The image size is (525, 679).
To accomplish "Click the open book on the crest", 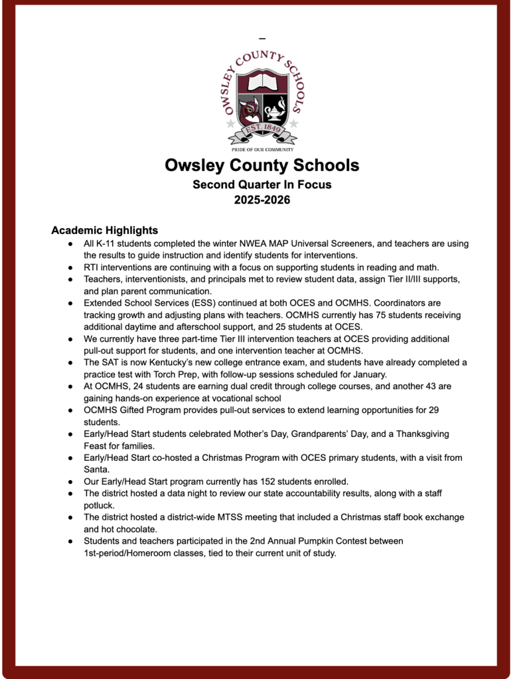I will tap(263, 83).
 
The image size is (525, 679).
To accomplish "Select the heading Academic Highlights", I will tap(104, 231).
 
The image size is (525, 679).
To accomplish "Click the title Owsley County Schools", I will tap(262, 165).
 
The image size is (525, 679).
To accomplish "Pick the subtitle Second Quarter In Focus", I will tap(262, 184).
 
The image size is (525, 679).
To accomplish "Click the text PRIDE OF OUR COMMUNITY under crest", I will tap(262, 150).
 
